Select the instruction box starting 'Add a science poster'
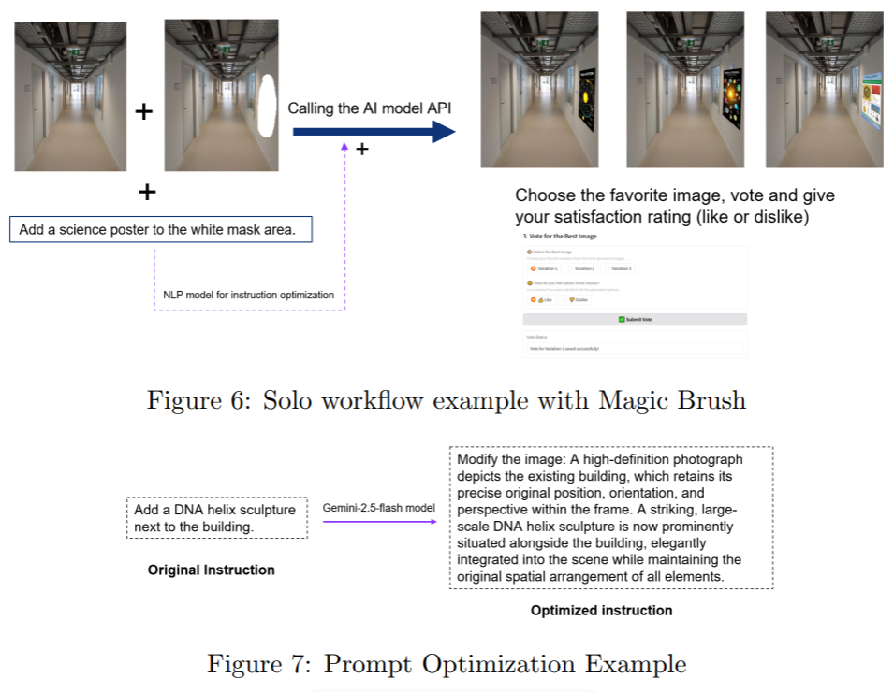pos(161,229)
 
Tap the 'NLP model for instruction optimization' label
pos(248,295)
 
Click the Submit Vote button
pos(635,319)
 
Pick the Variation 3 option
pos(617,268)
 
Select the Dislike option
pos(578,299)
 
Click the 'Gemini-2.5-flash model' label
pos(379,508)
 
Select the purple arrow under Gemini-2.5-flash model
pos(379,522)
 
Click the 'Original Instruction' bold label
pos(212,570)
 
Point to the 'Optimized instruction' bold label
pos(601,611)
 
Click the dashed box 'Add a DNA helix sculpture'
pos(217,518)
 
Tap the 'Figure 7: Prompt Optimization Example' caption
pos(447,664)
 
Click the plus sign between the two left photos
pos(143,112)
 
